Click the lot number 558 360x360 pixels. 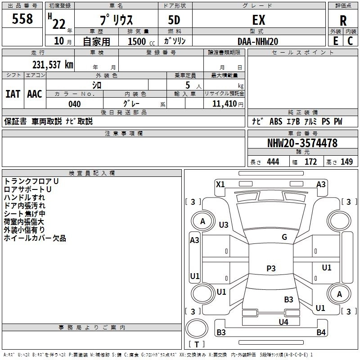coord(22,19)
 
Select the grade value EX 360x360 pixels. coord(259,20)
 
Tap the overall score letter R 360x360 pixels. coord(343,21)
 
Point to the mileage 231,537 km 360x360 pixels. coord(52,64)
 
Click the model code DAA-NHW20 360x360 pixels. coord(258,41)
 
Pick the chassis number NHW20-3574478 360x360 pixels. coord(302,143)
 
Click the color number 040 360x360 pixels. coord(74,104)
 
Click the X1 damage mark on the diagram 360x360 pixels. coord(220,184)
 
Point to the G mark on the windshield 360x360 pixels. coord(284,237)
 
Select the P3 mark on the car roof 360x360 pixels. coord(270,268)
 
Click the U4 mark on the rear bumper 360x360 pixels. coord(283,322)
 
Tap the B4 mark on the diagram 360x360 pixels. coord(321,333)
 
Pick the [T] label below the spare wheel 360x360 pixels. coord(197,344)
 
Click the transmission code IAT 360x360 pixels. coord(13,94)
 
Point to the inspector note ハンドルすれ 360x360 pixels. coord(24,198)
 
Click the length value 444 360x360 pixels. coord(273,162)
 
